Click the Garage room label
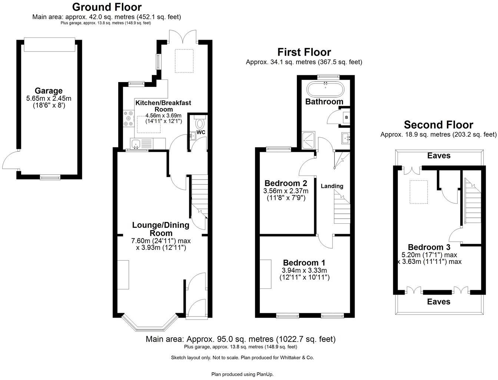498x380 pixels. coord(49,91)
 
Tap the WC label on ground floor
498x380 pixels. coord(201,132)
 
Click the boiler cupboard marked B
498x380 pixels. coord(346,118)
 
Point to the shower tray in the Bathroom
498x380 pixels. coord(308,141)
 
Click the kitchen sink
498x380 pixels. coord(136,143)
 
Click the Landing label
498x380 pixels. coord(332,186)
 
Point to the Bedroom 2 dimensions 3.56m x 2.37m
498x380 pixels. coord(286,191)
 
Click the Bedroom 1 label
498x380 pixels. coord(301,263)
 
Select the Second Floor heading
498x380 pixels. coord(438,125)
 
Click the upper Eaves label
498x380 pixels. coord(439,155)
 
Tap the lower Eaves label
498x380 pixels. coord(439,302)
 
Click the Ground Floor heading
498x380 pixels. coord(107,7)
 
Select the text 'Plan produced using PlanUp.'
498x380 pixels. coord(242,374)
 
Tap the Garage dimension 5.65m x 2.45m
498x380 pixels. coord(49,98)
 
